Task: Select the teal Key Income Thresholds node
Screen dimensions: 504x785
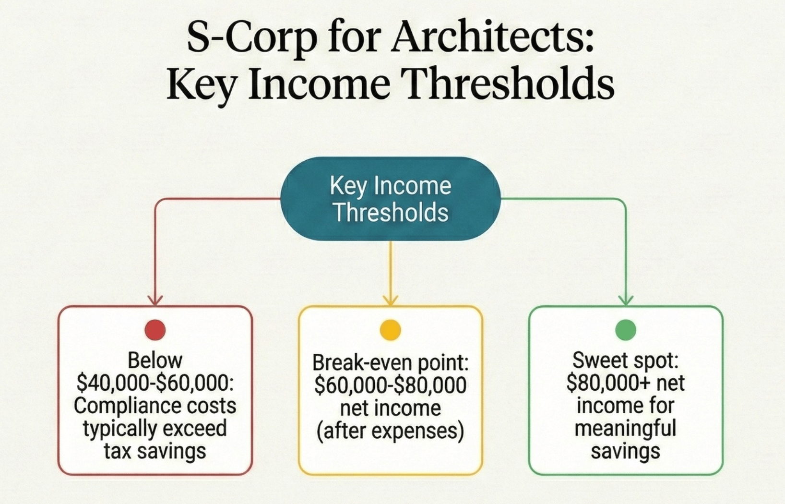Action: pos(391,199)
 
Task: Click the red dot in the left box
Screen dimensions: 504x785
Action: pos(155,330)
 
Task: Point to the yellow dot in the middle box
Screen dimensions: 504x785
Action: pos(390,330)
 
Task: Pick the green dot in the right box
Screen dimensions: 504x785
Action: pos(625,330)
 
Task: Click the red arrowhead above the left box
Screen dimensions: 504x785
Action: pos(155,300)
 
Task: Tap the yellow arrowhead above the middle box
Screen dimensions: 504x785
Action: pos(391,300)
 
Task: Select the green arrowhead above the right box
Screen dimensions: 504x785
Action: pos(625,300)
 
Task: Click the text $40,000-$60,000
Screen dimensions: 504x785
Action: pos(155,383)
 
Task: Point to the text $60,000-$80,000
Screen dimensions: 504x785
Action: pos(390,385)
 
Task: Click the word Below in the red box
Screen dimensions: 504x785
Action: pos(155,360)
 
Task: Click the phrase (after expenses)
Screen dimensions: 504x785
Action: pos(390,431)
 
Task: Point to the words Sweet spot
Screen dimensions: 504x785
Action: pos(625,360)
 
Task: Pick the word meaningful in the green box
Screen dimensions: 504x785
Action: pos(625,428)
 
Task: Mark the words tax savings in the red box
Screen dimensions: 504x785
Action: pos(155,451)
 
